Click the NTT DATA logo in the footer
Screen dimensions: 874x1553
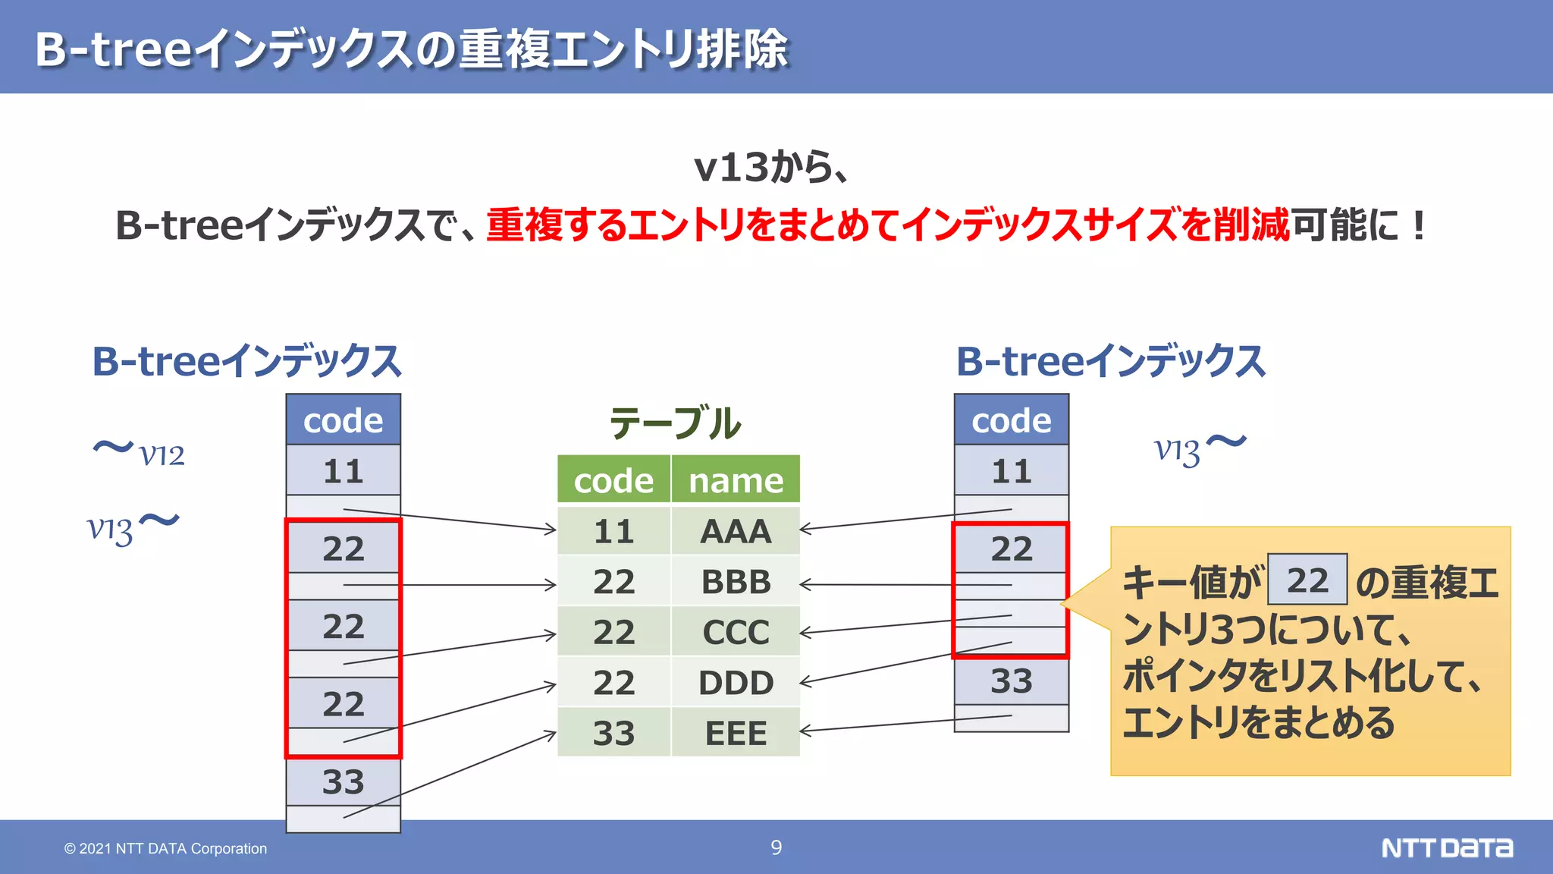coord(1446,847)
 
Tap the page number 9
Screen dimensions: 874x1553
coord(776,847)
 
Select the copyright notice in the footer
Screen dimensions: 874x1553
coord(165,848)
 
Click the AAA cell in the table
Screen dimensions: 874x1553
coord(735,531)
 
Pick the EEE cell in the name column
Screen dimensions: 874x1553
coord(735,733)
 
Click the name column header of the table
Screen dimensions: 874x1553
coord(735,480)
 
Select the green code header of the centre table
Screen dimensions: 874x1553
coord(613,480)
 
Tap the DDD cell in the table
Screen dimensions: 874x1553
coord(735,683)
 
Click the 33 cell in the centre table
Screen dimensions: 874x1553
coord(613,733)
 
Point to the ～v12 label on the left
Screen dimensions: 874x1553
coord(139,452)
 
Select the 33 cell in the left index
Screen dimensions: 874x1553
coord(343,781)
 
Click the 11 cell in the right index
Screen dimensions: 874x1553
coord(1011,471)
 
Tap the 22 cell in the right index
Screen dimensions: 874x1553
coord(1011,549)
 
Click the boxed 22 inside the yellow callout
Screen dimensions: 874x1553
coord(1307,580)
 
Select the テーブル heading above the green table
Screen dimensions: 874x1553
coord(675,423)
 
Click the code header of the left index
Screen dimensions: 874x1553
coord(343,420)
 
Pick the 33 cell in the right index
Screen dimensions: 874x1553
coord(1011,681)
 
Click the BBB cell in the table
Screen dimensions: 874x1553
coord(735,582)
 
